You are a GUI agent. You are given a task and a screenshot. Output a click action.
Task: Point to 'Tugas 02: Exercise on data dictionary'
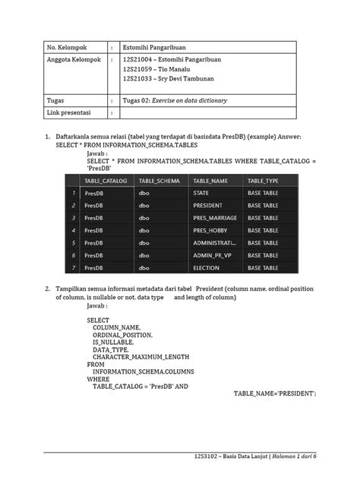point(175,100)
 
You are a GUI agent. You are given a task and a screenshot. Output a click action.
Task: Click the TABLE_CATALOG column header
point(106,180)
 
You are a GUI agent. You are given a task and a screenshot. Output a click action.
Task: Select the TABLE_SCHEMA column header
point(160,180)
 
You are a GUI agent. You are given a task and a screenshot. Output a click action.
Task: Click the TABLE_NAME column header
point(213,180)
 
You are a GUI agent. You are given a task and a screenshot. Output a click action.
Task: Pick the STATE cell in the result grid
point(201,193)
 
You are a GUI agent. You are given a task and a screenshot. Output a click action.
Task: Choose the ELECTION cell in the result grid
point(206,267)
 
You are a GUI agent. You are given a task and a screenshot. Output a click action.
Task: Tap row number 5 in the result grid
point(73,242)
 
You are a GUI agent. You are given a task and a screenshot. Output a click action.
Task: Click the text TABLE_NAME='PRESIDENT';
point(274,393)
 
